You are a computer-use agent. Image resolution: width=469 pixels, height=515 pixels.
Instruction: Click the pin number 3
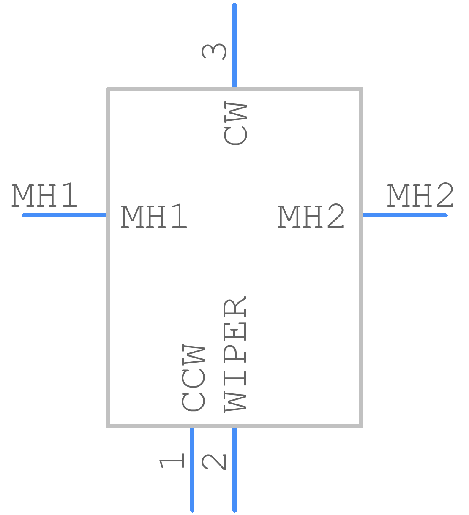coord(214,51)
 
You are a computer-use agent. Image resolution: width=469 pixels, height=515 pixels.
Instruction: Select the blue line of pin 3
coord(234,45)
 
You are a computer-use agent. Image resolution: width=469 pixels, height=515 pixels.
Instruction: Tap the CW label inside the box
coord(235,123)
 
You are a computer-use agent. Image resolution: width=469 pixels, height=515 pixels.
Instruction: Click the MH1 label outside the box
coord(44,195)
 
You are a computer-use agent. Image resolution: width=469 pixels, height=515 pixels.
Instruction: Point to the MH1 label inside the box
coord(154,216)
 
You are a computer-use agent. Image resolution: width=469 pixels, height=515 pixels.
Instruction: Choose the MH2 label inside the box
coord(311,216)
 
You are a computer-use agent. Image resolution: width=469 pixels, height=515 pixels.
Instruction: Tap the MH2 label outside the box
coord(420,195)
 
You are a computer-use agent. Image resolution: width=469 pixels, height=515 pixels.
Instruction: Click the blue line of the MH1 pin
coord(64,215)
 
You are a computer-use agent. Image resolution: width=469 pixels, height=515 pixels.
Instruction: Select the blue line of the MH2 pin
coord(405,215)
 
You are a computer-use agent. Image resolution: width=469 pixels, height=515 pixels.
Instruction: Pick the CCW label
coord(193,377)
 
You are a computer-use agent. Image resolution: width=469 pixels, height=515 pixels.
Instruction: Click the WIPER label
coord(235,354)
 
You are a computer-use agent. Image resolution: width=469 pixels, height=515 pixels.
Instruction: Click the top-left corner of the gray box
coord(108,89)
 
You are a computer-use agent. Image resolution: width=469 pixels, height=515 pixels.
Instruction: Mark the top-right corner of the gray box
coord(361,89)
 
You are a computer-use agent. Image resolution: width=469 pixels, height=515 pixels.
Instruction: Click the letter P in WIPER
coord(235,354)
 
